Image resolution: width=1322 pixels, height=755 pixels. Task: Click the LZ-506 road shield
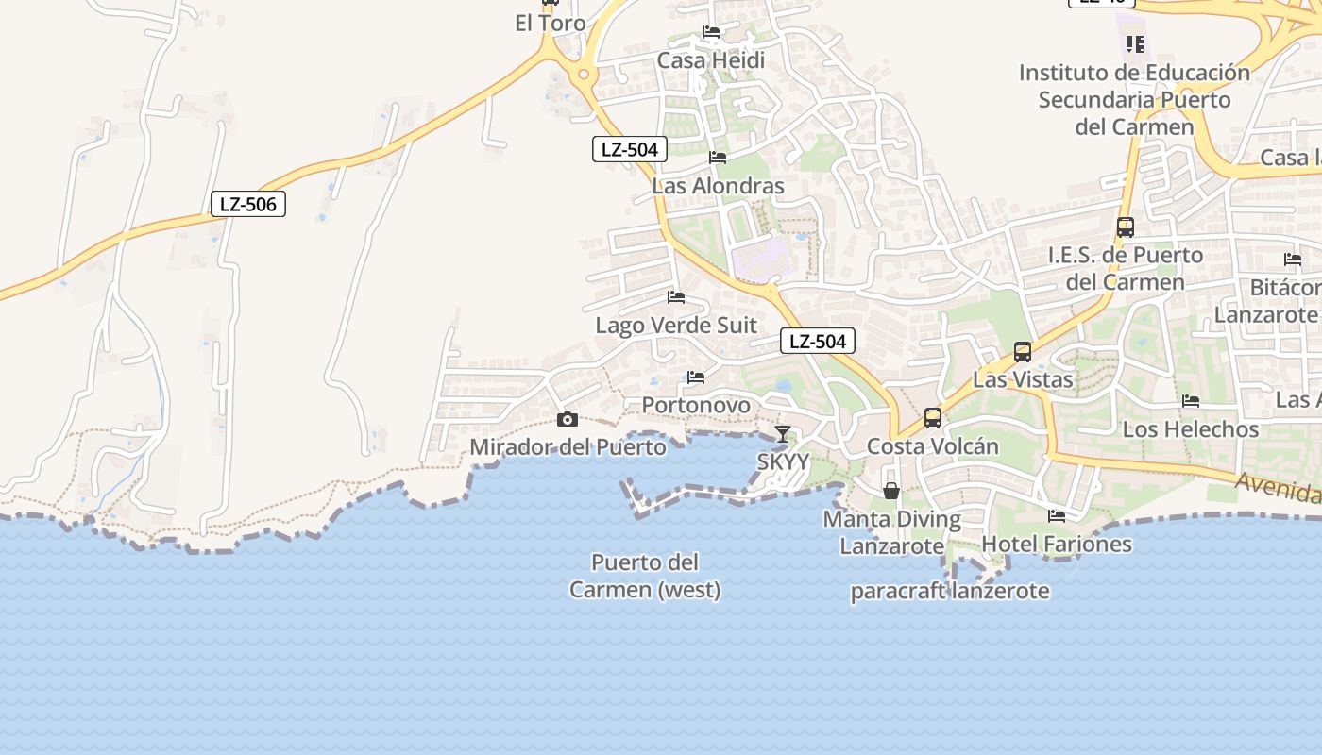(247, 204)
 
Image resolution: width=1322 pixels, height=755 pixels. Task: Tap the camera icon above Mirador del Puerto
(568, 420)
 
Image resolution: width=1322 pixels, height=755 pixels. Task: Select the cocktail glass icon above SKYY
(783, 434)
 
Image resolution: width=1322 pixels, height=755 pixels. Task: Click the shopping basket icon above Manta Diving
(891, 491)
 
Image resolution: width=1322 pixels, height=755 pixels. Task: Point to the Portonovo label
(696, 405)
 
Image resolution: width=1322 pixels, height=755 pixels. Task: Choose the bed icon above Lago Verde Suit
(676, 297)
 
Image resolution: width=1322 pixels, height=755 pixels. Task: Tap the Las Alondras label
(718, 186)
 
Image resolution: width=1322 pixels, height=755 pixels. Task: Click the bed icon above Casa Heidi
(711, 33)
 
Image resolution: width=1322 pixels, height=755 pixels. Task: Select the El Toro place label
(551, 24)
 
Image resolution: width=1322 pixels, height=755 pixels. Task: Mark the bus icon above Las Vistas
(1023, 352)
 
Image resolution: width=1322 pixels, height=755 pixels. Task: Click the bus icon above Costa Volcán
(933, 417)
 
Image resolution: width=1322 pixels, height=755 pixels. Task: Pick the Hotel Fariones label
(1057, 544)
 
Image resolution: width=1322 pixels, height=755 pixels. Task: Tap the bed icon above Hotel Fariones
(1057, 516)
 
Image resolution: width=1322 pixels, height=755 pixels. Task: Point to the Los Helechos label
(1191, 429)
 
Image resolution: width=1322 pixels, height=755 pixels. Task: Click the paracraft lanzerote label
(950, 592)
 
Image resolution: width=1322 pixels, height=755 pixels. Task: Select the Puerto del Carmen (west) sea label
(645, 576)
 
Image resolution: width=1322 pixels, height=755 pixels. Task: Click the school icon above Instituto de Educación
(1135, 43)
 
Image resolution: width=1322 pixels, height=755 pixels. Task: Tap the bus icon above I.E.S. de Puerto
(1125, 227)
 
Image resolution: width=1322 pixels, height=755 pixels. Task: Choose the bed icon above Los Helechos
(1191, 401)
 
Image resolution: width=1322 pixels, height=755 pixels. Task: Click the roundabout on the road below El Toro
(585, 73)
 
